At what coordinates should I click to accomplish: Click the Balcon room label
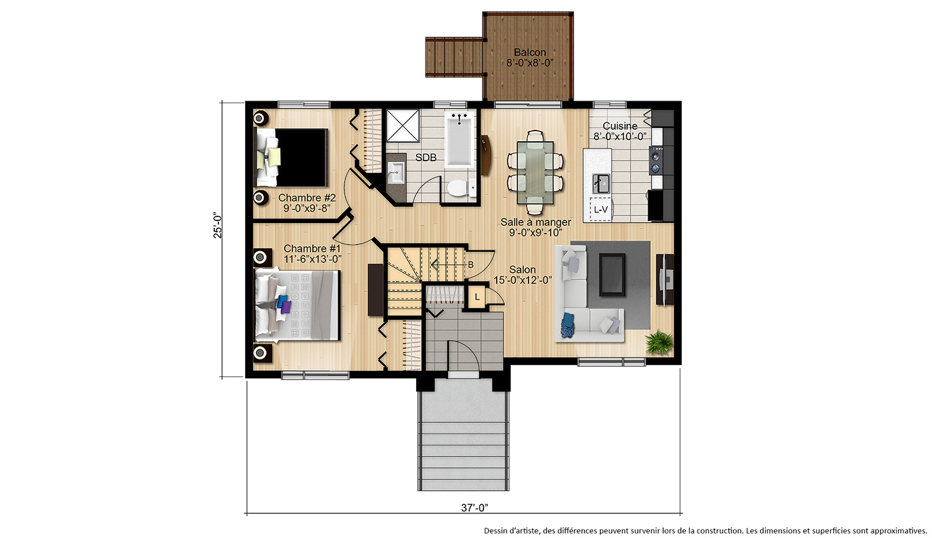click(x=530, y=53)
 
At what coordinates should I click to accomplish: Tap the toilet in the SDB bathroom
click(x=461, y=188)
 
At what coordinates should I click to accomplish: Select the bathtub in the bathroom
click(x=460, y=139)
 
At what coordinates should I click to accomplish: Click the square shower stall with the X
click(x=403, y=126)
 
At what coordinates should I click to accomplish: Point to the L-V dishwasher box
click(x=600, y=209)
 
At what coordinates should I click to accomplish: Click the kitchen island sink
click(x=601, y=184)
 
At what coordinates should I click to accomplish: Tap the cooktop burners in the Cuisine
click(x=656, y=160)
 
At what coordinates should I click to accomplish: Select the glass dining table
click(x=535, y=172)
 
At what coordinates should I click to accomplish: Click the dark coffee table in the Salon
click(x=612, y=274)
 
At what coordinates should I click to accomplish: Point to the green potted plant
click(x=658, y=342)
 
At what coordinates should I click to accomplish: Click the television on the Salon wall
click(x=664, y=279)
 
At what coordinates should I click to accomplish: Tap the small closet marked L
click(x=477, y=297)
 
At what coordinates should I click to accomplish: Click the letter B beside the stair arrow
click(x=471, y=264)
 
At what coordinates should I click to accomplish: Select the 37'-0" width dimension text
click(x=474, y=507)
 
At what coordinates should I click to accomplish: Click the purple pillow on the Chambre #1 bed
click(x=286, y=307)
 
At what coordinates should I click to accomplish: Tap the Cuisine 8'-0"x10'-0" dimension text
click(x=620, y=136)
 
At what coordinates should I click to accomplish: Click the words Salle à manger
click(x=535, y=222)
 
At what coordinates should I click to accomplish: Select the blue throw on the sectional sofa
click(x=567, y=325)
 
